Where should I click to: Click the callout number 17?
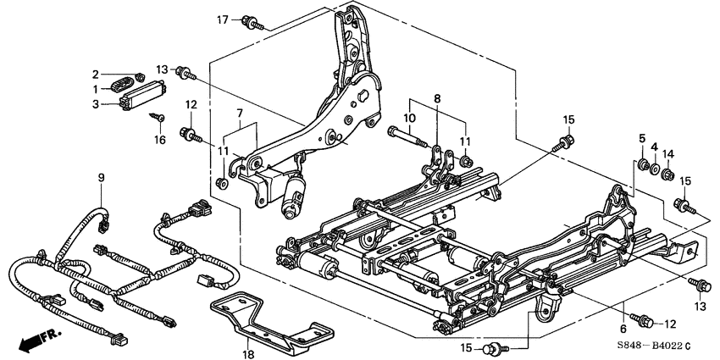point(223,19)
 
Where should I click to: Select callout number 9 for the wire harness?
point(101,177)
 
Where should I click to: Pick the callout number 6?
point(623,329)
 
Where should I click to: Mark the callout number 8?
point(437,98)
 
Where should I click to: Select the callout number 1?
point(97,88)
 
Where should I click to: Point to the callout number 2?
point(96,74)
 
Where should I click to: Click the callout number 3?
point(97,102)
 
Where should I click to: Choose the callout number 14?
point(668,154)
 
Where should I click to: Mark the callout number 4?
point(653,147)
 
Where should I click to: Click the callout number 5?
point(641,137)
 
